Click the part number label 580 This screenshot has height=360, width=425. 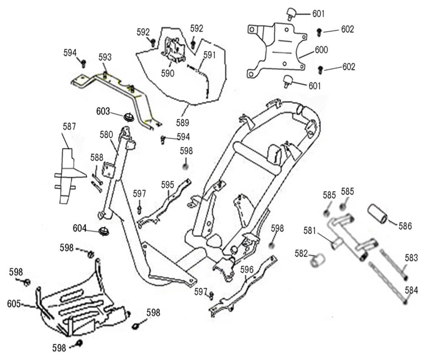(107, 135)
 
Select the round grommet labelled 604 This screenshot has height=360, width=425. (103, 232)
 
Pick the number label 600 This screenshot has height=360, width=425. (321, 50)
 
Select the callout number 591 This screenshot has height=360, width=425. (210, 55)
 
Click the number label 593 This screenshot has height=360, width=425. (105, 57)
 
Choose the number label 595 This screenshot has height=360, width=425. (167, 184)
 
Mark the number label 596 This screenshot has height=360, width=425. (247, 269)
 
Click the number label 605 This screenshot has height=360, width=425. (14, 304)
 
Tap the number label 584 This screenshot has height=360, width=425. (411, 290)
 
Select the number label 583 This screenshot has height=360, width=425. (411, 258)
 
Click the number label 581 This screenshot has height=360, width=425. (310, 231)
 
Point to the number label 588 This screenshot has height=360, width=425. (96, 157)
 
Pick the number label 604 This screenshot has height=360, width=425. (80, 228)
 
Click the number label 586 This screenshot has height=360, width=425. (405, 226)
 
